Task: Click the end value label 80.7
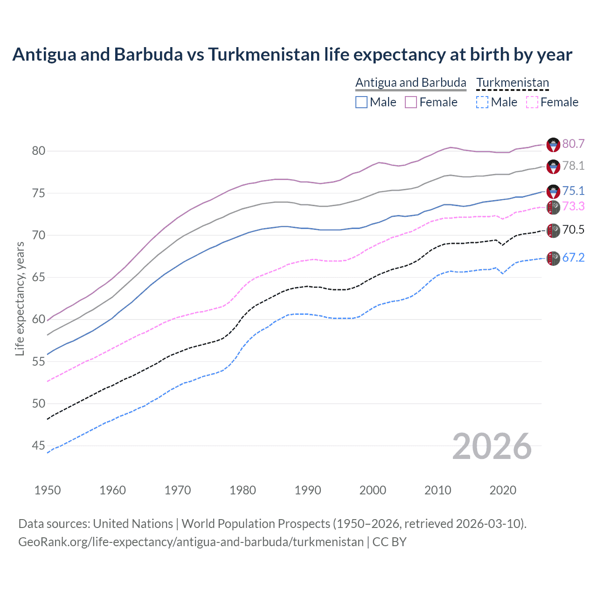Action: [573, 144]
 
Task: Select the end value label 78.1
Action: [573, 166]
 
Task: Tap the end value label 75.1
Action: [573, 191]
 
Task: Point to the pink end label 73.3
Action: [573, 206]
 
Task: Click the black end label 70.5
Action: [573, 229]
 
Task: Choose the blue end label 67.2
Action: [573, 257]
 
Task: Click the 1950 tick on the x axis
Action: [48, 490]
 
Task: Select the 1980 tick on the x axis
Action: [243, 490]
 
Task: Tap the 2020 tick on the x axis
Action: [503, 490]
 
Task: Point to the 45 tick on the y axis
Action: [38, 446]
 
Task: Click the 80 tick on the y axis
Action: [38, 151]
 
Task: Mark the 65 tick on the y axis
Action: [38, 277]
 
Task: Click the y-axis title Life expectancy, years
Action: [20, 298]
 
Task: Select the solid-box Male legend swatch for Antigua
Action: [361, 102]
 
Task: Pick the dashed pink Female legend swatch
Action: [532, 102]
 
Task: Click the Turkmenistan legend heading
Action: [513, 83]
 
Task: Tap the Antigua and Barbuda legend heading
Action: [410, 83]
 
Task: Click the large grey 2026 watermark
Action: [492, 446]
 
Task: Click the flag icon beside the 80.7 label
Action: [553, 145]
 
